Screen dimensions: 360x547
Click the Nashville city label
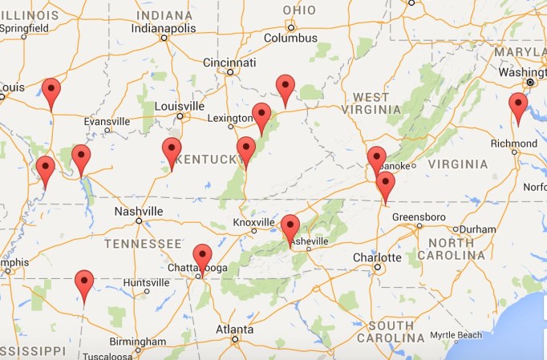click(137, 211)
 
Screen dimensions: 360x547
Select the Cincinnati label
click(229, 63)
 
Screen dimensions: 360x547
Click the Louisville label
click(180, 106)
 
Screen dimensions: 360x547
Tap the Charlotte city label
click(377, 257)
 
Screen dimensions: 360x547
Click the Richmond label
click(513, 144)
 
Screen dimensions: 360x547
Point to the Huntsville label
click(146, 282)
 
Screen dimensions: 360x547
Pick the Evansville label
click(106, 121)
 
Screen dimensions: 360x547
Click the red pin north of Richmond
click(518, 107)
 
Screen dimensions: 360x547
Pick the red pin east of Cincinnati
click(286, 88)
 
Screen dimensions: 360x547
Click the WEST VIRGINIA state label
click(371, 103)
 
